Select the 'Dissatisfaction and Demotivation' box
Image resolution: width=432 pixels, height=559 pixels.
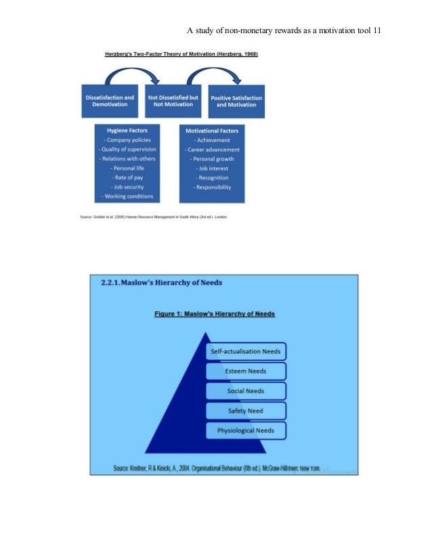tap(110, 102)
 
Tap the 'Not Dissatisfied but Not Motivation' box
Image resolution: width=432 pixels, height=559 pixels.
tap(173, 101)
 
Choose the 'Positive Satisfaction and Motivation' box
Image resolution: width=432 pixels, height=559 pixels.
tap(236, 102)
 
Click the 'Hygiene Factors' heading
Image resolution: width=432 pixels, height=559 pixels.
tap(127, 130)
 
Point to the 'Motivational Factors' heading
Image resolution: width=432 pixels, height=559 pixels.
tap(212, 130)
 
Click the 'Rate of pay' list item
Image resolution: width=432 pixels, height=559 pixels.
tap(127, 177)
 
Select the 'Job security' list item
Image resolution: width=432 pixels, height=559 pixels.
tap(127, 187)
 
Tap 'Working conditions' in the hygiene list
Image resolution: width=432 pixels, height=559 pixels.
tap(127, 196)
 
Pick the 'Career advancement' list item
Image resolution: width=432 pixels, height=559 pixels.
tap(212, 150)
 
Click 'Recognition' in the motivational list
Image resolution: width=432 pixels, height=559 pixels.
tap(212, 177)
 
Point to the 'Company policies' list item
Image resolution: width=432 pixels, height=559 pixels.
tap(127, 140)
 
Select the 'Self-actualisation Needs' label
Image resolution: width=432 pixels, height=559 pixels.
tap(246, 352)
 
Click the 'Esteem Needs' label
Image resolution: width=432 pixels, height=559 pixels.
tap(246, 372)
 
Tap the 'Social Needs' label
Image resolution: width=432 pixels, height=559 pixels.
tap(246, 391)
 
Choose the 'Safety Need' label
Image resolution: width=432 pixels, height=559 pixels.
tap(246, 411)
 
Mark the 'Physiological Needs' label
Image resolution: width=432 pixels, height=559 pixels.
tap(246, 430)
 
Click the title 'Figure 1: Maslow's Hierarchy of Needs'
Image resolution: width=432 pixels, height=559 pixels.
tap(215, 314)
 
